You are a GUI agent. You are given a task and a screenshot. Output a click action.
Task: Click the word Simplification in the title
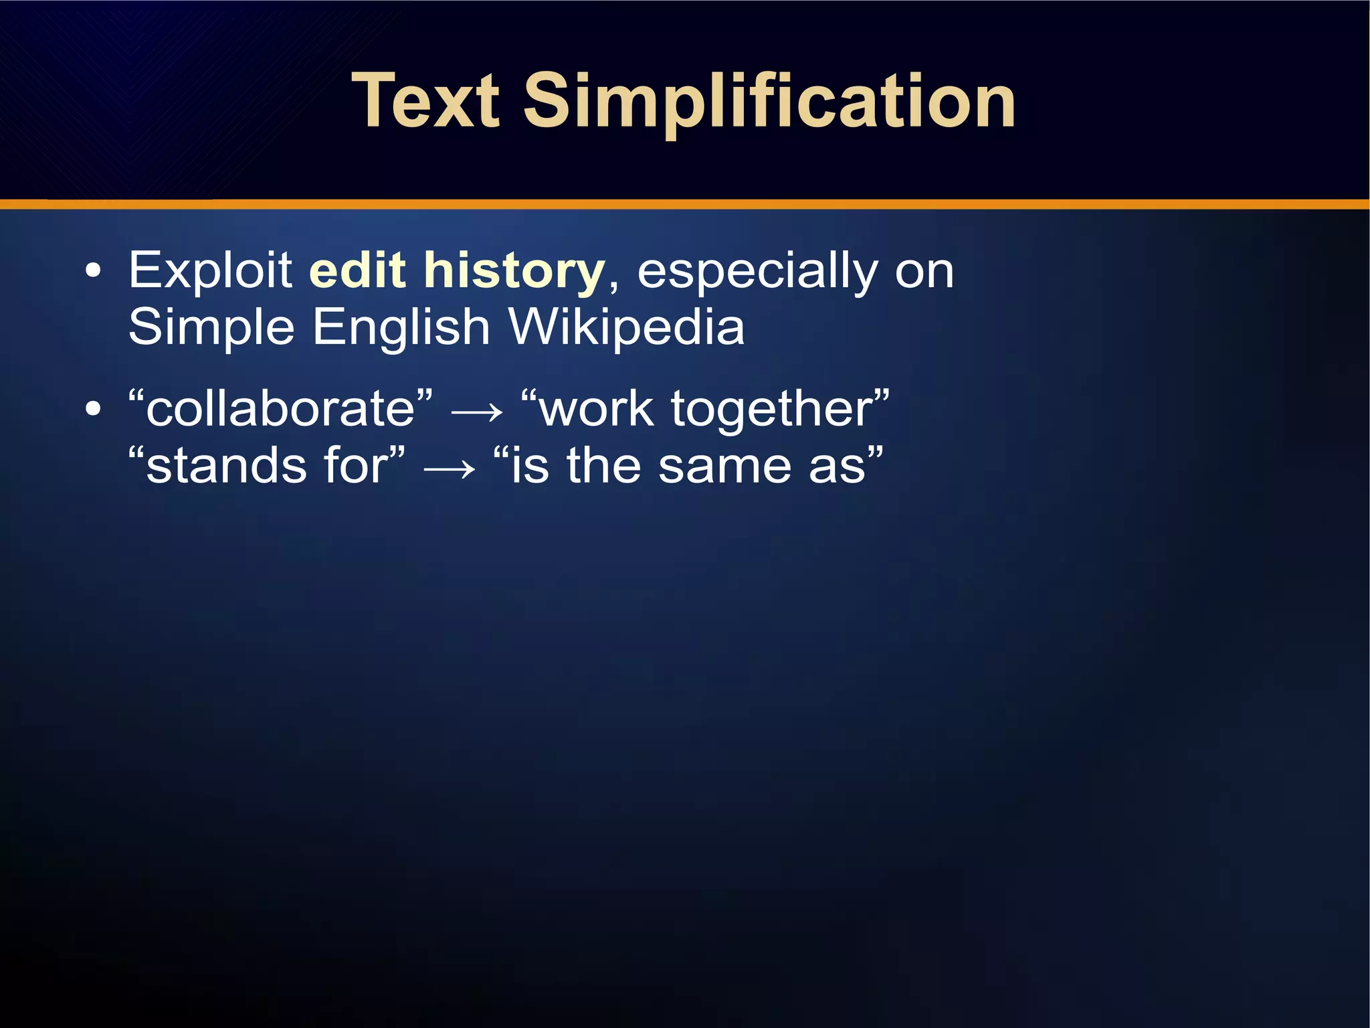(769, 102)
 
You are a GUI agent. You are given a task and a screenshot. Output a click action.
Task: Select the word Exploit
(210, 270)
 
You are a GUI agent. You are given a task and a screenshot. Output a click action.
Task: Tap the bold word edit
(357, 270)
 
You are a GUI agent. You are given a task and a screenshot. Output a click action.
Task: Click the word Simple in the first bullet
(211, 328)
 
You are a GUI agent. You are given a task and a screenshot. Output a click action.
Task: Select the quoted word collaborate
(281, 409)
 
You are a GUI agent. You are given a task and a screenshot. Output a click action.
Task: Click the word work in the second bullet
(596, 409)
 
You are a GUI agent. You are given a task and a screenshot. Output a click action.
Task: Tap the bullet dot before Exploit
(94, 271)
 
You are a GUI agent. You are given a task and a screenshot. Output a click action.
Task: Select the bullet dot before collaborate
(94, 409)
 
